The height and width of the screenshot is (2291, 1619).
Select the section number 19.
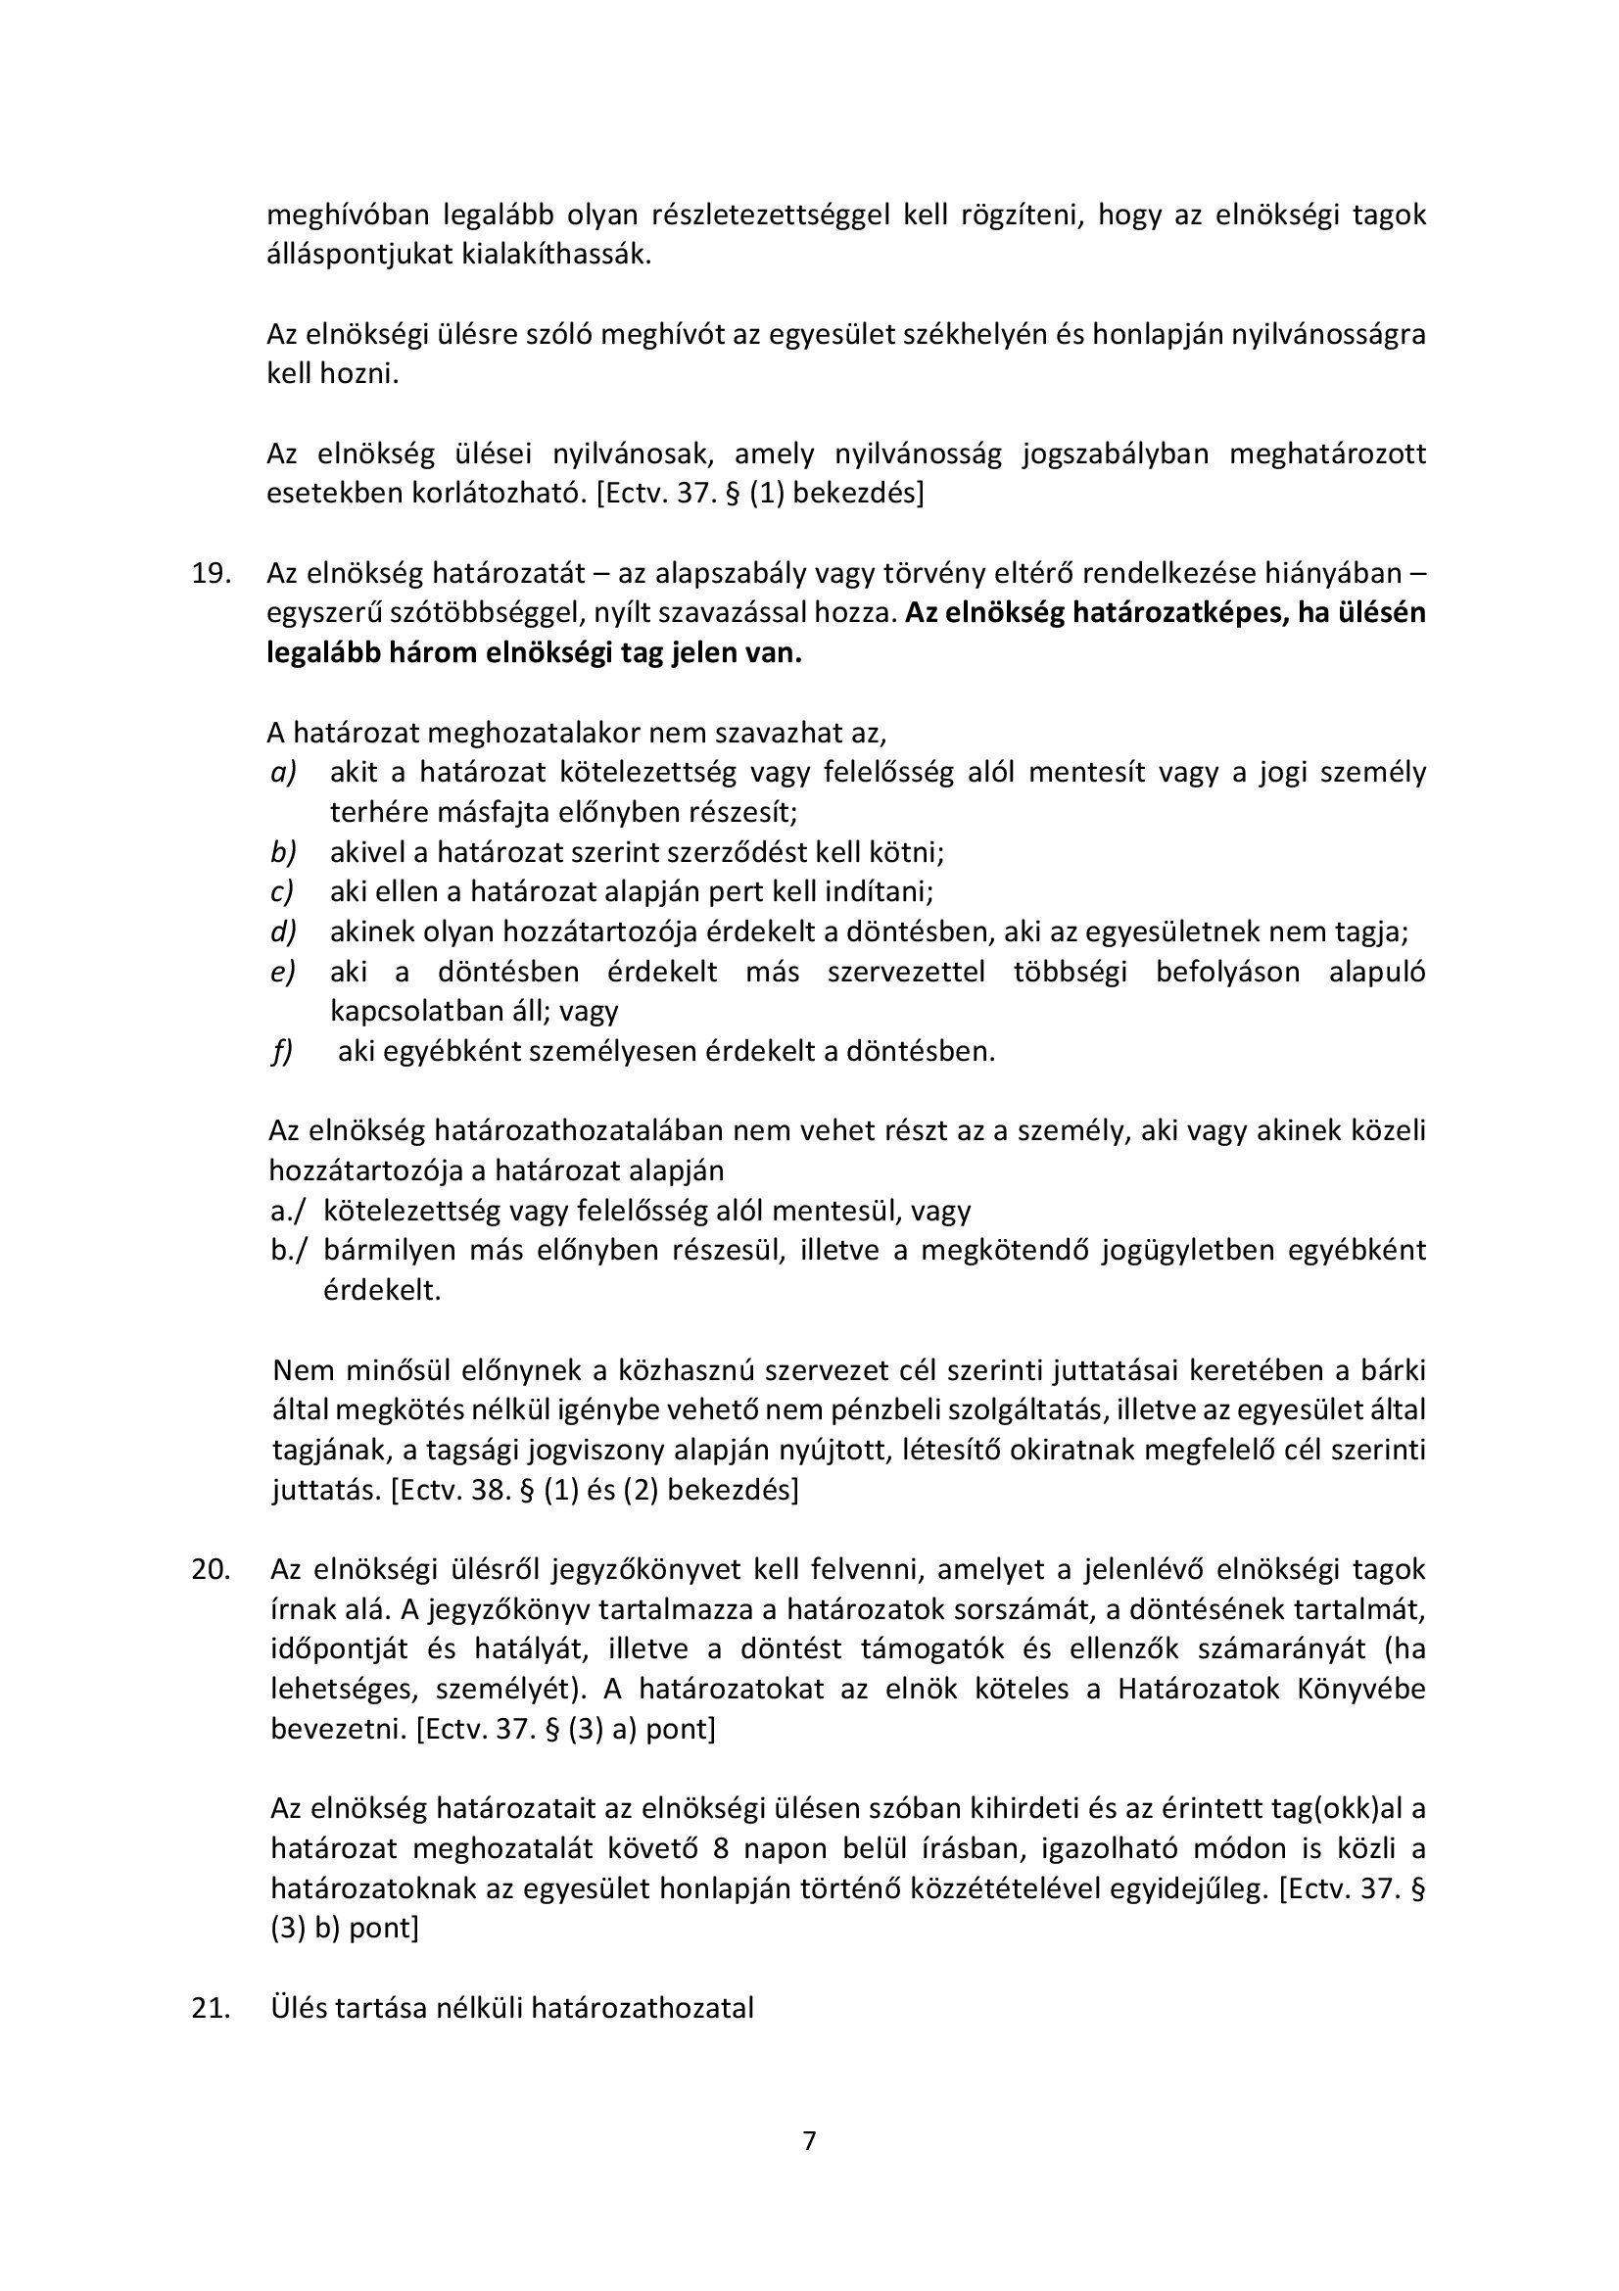point(211,574)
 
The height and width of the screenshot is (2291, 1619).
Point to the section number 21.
point(211,2008)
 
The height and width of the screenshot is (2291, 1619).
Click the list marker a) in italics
point(284,772)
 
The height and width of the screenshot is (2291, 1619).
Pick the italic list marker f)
point(282,1052)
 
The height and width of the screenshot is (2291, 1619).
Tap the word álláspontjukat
point(359,255)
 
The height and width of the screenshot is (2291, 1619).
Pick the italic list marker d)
point(284,931)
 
